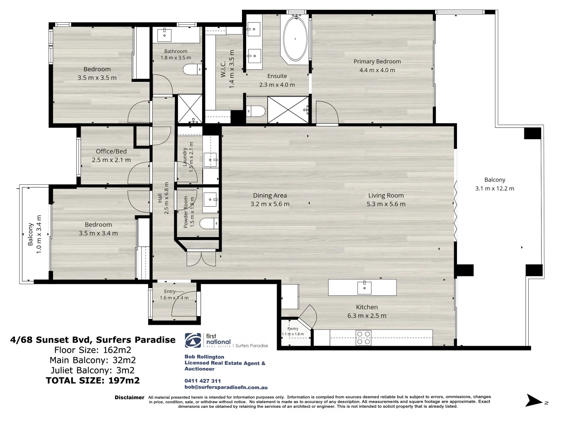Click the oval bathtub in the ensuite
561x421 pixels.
click(x=295, y=39)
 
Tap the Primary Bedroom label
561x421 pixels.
click(x=377, y=62)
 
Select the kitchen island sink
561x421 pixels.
click(x=364, y=287)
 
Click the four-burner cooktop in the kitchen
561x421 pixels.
click(x=363, y=338)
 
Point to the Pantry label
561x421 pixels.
click(x=293, y=329)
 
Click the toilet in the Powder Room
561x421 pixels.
click(x=209, y=223)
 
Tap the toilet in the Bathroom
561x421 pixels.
click(x=192, y=69)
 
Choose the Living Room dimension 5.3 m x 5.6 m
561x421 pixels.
click(x=386, y=204)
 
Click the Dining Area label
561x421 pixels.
click(x=270, y=196)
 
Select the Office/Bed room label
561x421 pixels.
click(x=111, y=151)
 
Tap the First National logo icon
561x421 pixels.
click(x=193, y=340)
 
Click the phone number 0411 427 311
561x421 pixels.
click(x=203, y=381)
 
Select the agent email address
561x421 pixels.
click(x=226, y=387)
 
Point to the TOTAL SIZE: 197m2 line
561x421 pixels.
click(x=93, y=380)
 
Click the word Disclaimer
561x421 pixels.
click(x=129, y=398)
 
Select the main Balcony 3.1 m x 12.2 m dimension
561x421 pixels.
click(x=494, y=189)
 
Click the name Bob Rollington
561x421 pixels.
click(x=204, y=357)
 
